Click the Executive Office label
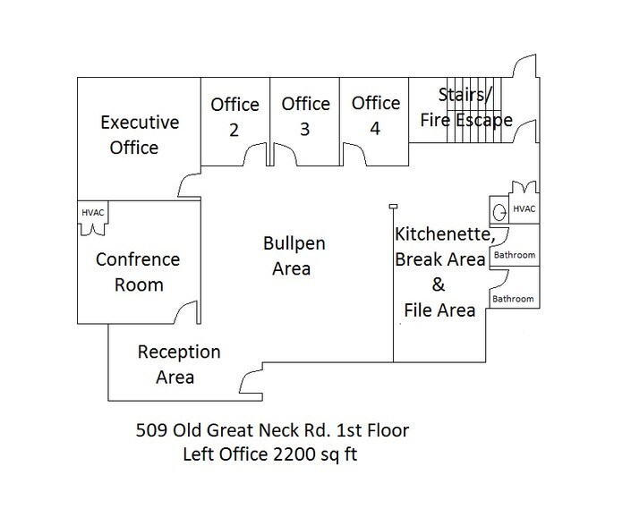(139, 134)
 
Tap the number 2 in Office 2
(234, 130)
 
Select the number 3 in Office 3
(304, 130)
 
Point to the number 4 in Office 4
(375, 129)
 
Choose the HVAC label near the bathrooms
(524, 208)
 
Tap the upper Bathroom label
(515, 256)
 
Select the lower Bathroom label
(515, 299)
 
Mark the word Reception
(179, 352)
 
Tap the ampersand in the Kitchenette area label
(439, 286)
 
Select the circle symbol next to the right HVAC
(498, 211)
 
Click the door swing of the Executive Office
(189, 184)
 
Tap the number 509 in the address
(149, 431)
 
